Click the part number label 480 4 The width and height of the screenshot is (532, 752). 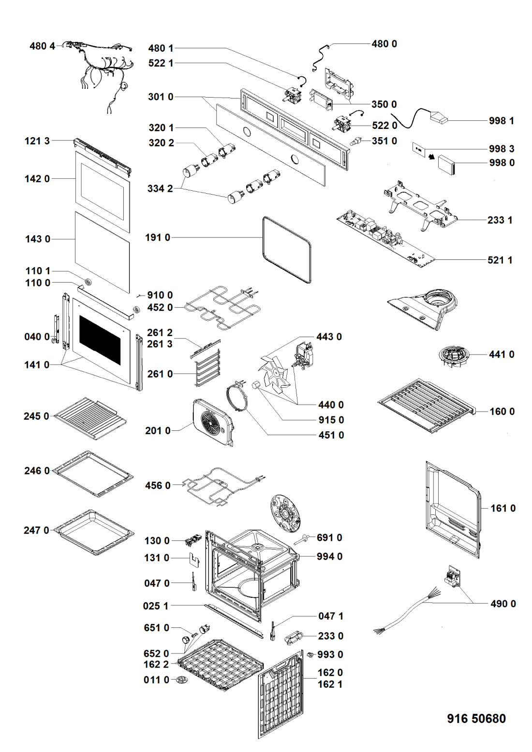click(x=43, y=46)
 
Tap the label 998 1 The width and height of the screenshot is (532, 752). click(x=501, y=121)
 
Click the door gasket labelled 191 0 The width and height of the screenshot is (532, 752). click(x=287, y=249)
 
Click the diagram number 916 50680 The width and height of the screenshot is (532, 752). click(x=476, y=719)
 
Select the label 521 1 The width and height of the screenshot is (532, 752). click(x=500, y=260)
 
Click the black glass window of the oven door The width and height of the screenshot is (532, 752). click(x=100, y=340)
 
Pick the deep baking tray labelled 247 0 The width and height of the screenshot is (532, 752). click(x=94, y=531)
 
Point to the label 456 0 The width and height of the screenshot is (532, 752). click(x=158, y=485)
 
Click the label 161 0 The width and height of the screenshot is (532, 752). click(x=503, y=508)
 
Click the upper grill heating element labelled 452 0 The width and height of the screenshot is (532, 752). click(x=221, y=307)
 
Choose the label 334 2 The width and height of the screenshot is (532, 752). click(x=160, y=189)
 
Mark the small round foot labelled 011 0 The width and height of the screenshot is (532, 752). click(x=181, y=680)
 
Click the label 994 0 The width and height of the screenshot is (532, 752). click(x=329, y=556)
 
